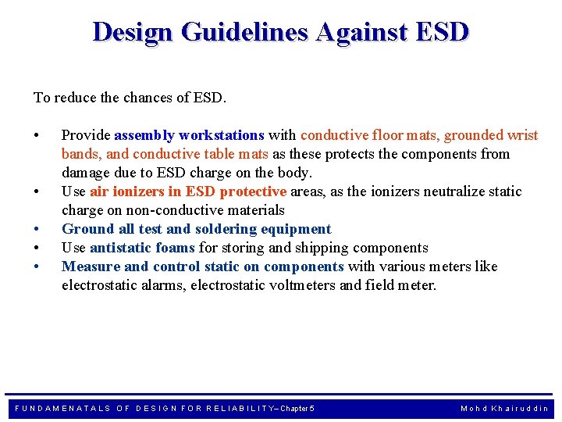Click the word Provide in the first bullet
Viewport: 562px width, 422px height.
tap(86, 135)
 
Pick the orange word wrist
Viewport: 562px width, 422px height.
tap(521, 135)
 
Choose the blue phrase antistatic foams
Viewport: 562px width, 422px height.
tap(142, 248)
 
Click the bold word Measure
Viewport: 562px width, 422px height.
tap(91, 266)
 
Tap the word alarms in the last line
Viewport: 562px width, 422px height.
tap(158, 285)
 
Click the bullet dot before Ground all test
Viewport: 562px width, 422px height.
tap(37, 229)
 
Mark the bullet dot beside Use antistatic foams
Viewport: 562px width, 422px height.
tap(37, 248)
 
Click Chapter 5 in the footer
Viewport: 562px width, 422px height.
tap(297, 408)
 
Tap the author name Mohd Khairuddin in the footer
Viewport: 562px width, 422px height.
tap(504, 408)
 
